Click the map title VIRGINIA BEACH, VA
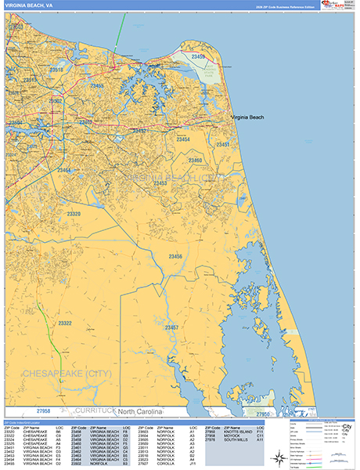[29, 5]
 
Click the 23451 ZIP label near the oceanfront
[225, 145]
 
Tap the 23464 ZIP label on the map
[63, 170]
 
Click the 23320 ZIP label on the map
[74, 213]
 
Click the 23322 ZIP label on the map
[64, 323]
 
